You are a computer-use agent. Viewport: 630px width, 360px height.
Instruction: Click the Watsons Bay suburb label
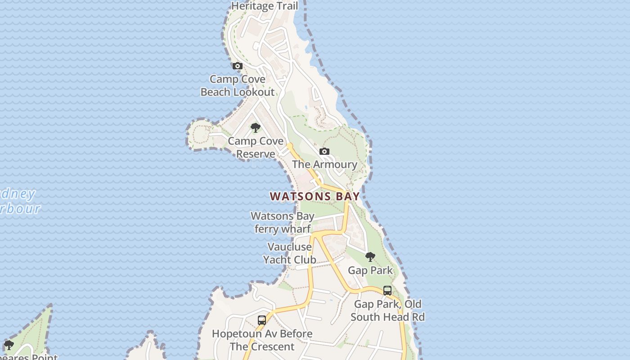point(315,196)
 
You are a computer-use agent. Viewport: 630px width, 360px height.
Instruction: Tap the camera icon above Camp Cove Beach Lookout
point(237,66)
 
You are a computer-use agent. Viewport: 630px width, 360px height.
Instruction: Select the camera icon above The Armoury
point(324,152)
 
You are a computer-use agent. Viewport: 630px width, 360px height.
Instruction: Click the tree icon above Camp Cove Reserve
point(256,128)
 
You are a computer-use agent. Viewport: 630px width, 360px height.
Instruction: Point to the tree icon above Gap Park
point(370,257)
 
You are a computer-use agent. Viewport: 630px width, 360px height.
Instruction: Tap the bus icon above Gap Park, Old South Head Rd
point(387,291)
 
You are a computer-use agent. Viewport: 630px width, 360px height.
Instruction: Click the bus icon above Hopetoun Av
point(262,320)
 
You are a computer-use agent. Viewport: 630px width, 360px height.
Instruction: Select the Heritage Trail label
point(265,6)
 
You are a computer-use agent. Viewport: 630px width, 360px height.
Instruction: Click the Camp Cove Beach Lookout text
point(237,85)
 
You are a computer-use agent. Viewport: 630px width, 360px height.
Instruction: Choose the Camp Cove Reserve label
point(256,148)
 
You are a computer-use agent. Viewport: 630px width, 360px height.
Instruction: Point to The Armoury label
point(324,164)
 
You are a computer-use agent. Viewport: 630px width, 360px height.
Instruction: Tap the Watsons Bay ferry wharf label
point(283,222)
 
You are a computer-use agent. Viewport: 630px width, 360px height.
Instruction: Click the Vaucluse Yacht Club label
point(289,253)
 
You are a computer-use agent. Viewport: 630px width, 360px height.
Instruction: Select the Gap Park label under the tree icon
point(370,270)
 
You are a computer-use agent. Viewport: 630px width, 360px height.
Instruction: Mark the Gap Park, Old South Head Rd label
point(387,310)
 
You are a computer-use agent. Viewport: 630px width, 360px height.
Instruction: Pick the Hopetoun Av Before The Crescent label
point(262,340)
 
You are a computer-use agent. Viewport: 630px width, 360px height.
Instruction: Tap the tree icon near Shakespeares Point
point(9,345)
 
